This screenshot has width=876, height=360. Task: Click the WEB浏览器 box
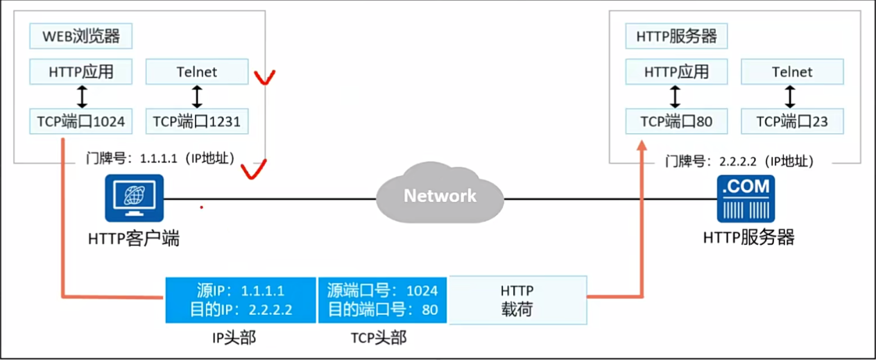80,36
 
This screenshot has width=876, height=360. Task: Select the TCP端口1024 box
81,122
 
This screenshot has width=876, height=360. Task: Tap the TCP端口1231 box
197,122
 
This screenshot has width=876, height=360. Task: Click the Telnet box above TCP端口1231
197,71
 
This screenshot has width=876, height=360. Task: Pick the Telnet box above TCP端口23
792,71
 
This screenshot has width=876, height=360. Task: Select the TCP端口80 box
676,122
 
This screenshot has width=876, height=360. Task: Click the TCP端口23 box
792,122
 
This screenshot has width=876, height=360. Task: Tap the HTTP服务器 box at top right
676,36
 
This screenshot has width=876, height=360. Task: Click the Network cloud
440,194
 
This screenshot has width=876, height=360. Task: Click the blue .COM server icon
746,198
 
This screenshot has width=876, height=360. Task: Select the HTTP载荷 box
517,300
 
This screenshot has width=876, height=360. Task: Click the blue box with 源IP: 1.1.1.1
240,300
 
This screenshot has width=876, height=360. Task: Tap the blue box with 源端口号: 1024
383,300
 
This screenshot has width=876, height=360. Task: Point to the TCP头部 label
379,338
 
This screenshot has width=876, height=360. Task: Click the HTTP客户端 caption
134,239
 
